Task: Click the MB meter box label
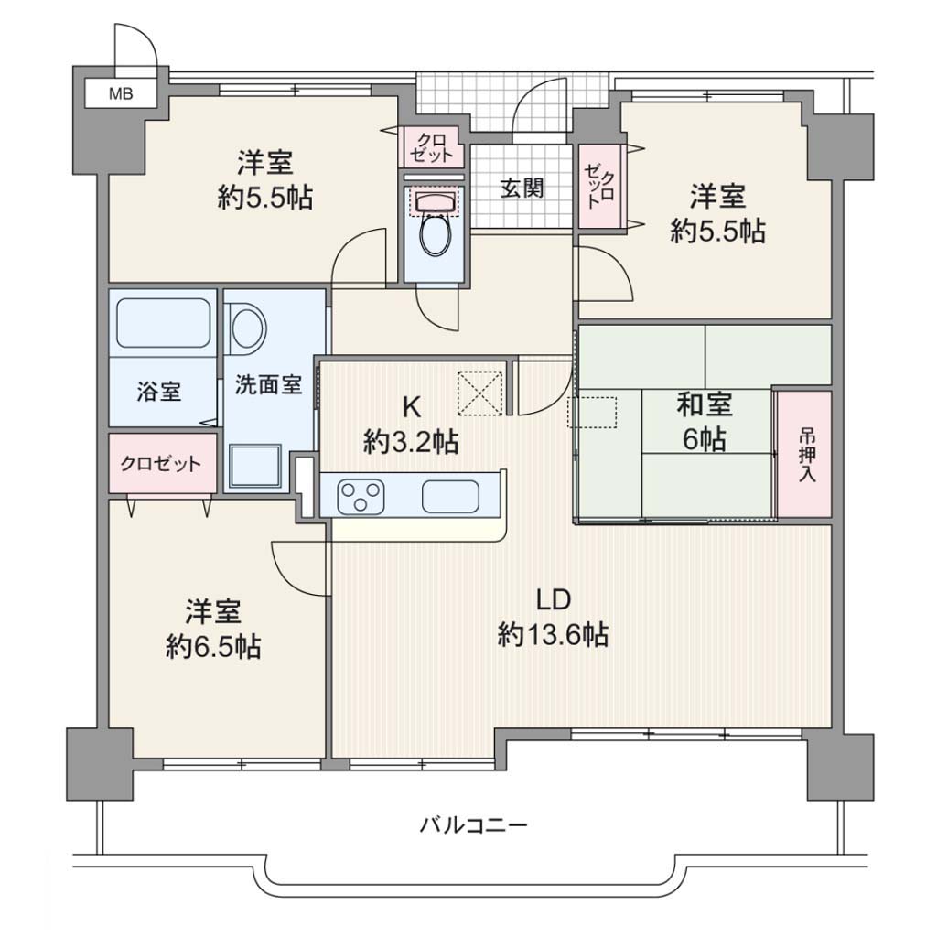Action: [121, 94]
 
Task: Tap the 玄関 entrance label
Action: [522, 188]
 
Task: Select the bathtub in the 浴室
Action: [163, 323]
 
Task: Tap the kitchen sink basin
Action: [450, 497]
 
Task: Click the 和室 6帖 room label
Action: [705, 423]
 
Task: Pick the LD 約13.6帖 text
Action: [554, 617]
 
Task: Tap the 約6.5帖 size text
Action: [213, 646]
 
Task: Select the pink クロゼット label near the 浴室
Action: [161, 464]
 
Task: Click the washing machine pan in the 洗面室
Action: [255, 465]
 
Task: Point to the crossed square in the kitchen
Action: [479, 393]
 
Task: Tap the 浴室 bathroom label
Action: [159, 392]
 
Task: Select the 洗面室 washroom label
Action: [268, 384]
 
